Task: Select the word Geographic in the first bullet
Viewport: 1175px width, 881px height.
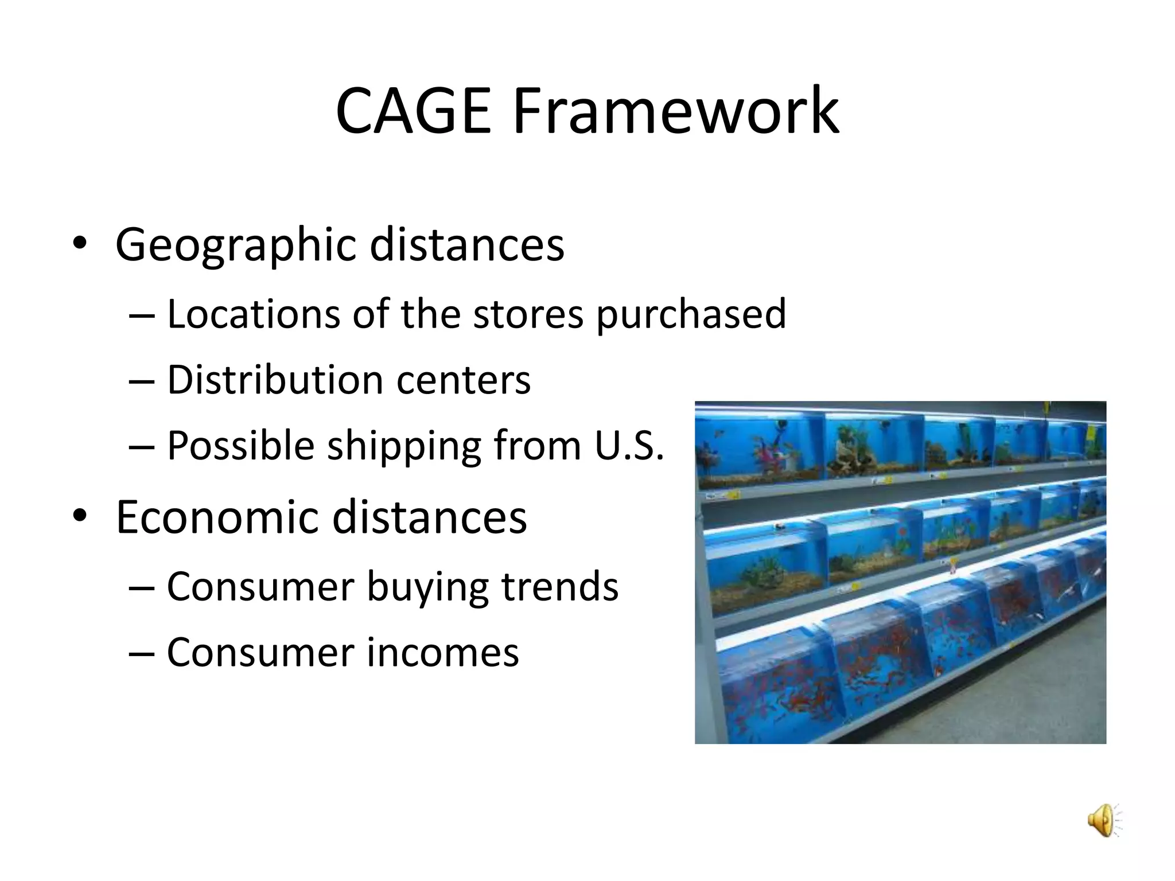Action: [x=236, y=245]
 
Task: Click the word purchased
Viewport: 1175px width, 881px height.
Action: [x=691, y=315]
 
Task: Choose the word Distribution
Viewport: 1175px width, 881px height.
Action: [x=275, y=380]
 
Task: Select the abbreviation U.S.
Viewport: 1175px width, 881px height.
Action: [x=629, y=446]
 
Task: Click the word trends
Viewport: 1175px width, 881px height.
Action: [x=560, y=587]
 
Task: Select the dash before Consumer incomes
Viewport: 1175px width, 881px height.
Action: [x=142, y=654]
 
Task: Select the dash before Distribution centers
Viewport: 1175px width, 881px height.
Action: [x=142, y=381]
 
